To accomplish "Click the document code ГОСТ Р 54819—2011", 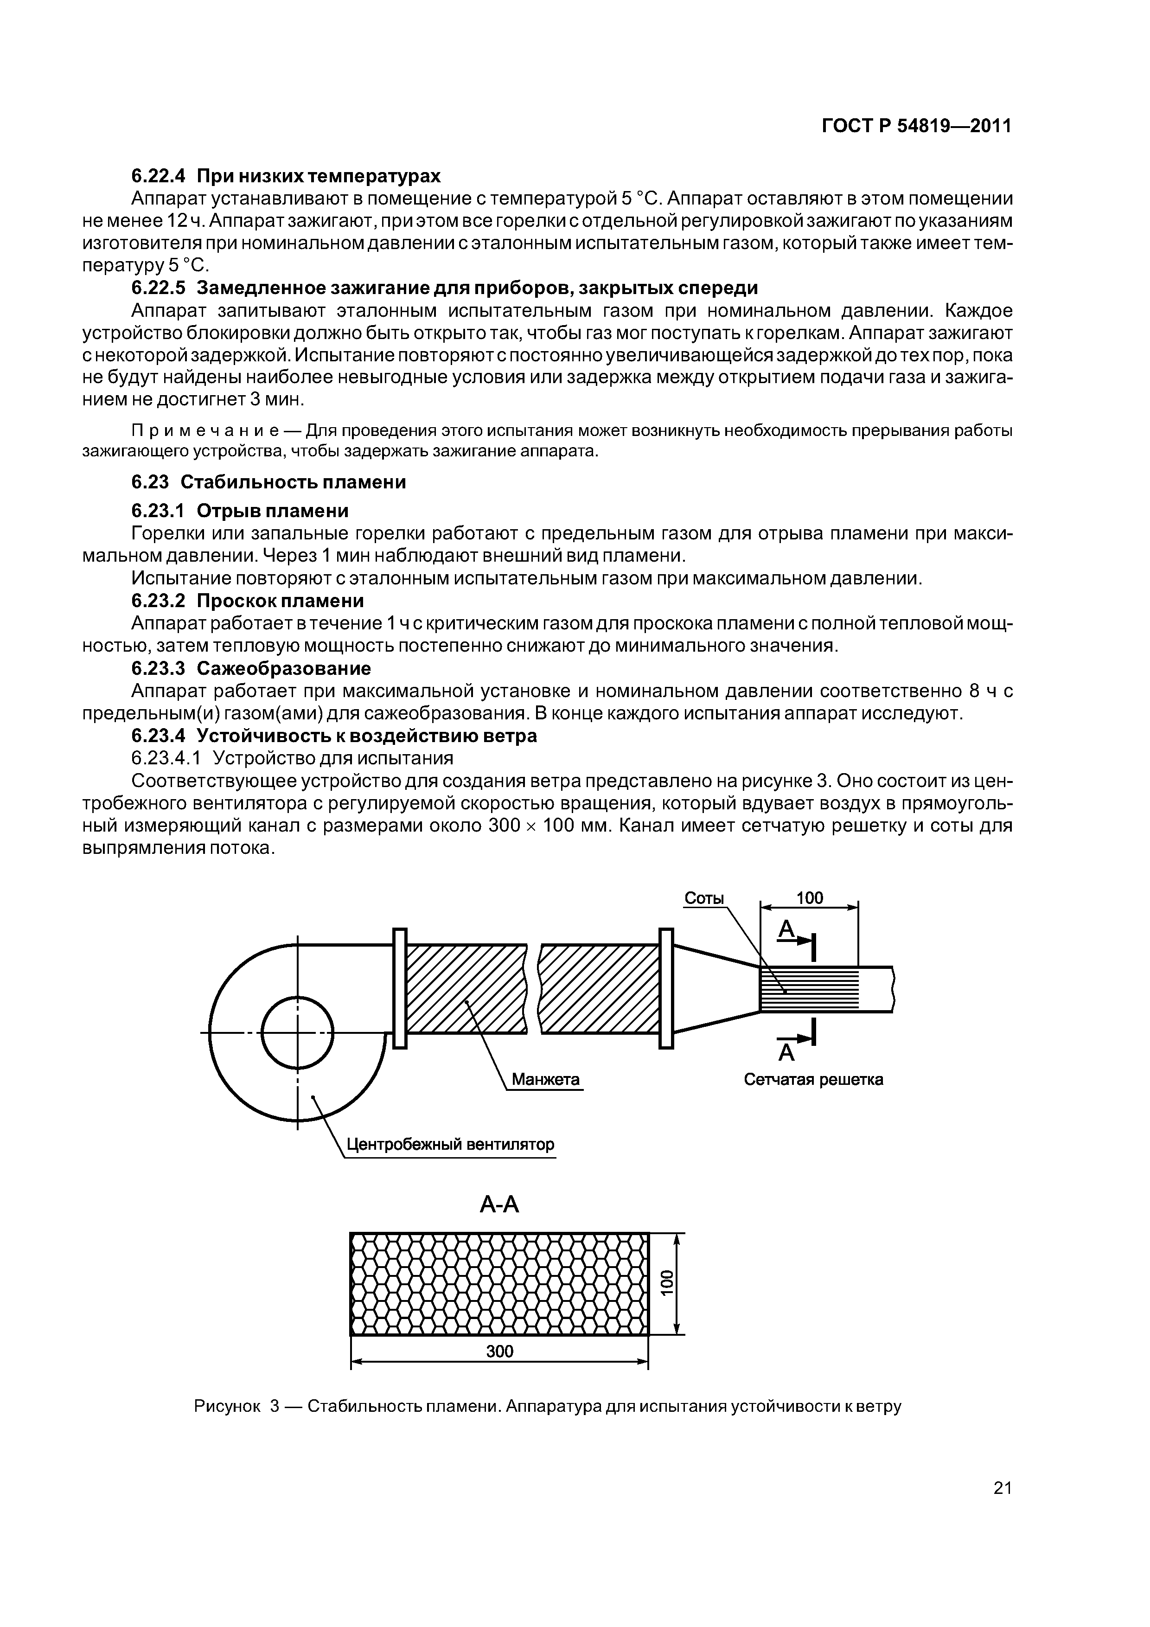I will [916, 126].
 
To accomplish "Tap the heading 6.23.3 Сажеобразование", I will [251, 668].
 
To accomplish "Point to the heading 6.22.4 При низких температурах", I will [286, 175].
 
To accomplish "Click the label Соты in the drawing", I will [704, 898].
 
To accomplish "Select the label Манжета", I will [546, 1079].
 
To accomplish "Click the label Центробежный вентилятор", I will [450, 1145].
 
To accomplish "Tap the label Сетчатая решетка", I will [813, 1080].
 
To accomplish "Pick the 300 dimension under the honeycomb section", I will [499, 1352].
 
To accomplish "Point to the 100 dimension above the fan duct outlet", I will [809, 898].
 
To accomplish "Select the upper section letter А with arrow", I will [786, 930].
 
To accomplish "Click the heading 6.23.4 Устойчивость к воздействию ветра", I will [334, 736].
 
